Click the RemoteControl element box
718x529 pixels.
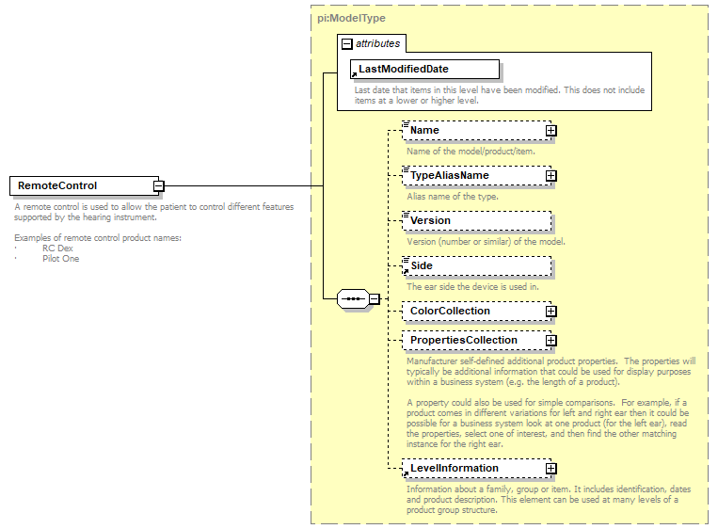coord(83,185)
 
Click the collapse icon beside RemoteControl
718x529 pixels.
coord(160,186)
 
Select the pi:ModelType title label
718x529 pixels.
coord(351,18)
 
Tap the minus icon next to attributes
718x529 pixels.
coord(347,43)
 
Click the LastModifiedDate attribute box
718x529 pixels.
coord(425,69)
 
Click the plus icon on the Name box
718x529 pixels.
coord(551,131)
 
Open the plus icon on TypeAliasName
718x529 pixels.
coord(551,176)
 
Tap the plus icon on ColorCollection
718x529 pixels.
coord(551,312)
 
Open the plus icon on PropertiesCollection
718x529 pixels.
coord(551,341)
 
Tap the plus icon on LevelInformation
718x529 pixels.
coord(551,469)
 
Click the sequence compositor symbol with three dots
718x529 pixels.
coord(353,299)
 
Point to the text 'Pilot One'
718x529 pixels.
coord(60,258)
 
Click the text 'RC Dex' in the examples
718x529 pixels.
coord(57,248)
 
